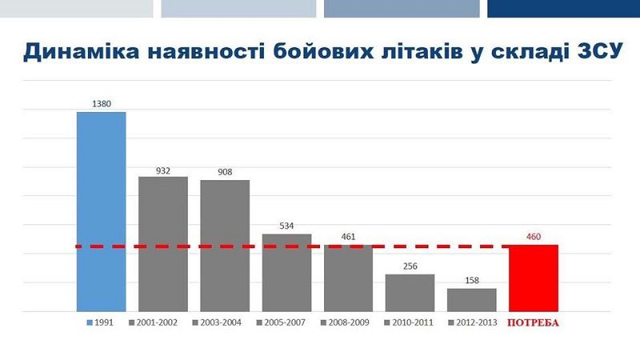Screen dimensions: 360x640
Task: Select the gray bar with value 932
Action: (163, 243)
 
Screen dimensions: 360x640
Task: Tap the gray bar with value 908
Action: (225, 245)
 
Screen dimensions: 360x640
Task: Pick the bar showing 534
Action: (286, 272)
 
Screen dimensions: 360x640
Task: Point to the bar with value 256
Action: (410, 292)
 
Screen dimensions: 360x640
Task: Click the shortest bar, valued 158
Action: (471, 299)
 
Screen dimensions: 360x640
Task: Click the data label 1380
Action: (101, 104)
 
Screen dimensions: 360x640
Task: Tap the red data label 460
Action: (534, 237)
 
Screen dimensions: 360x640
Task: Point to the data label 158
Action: (471, 281)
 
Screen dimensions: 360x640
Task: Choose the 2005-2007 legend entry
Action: (281, 323)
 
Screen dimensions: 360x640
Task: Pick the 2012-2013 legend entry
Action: (471, 323)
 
